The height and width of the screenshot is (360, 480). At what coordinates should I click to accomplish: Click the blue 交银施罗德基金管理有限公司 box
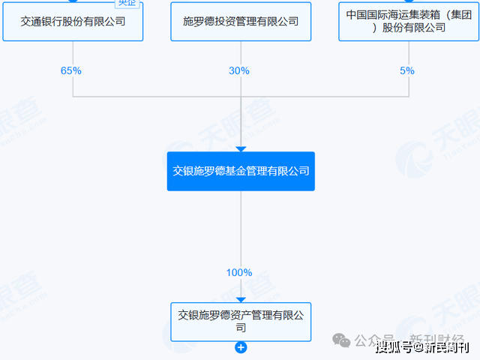[241, 171]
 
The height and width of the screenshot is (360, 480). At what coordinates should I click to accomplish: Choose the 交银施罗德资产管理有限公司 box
[241, 321]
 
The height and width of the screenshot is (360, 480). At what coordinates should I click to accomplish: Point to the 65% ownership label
[71, 70]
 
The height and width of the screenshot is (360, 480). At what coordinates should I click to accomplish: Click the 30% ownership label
[239, 70]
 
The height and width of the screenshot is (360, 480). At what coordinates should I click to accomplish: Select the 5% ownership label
[407, 70]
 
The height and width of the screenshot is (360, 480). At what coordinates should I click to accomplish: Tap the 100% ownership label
[239, 272]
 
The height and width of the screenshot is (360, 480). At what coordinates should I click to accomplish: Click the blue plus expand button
[241, 347]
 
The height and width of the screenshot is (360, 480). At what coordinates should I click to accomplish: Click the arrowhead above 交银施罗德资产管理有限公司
[241, 298]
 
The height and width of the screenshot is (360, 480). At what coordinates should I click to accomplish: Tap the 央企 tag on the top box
[127, 2]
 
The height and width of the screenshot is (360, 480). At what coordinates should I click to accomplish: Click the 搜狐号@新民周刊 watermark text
[422, 346]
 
